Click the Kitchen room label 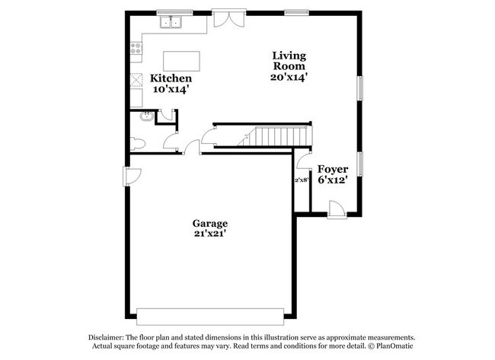171,78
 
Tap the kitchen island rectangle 182,60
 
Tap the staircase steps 278,137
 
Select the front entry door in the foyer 334,206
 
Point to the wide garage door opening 211,314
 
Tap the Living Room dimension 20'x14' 289,77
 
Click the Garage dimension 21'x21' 209,234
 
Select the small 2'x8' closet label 302,180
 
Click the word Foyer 333,169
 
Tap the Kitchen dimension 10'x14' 171,90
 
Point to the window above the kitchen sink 172,12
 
